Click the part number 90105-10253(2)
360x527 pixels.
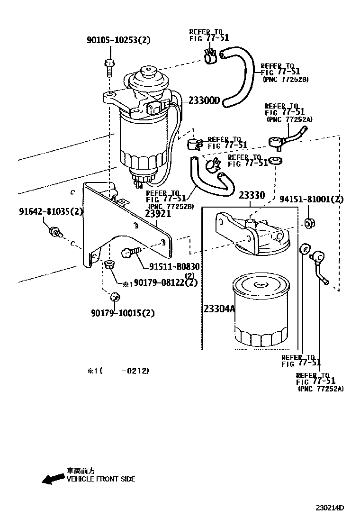[118, 40]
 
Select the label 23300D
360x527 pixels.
[205, 100]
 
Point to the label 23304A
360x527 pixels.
[219, 309]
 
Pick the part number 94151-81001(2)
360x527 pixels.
[311, 200]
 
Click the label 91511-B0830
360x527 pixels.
[174, 267]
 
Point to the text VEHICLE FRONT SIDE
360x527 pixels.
[100, 479]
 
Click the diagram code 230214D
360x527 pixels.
[330, 509]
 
